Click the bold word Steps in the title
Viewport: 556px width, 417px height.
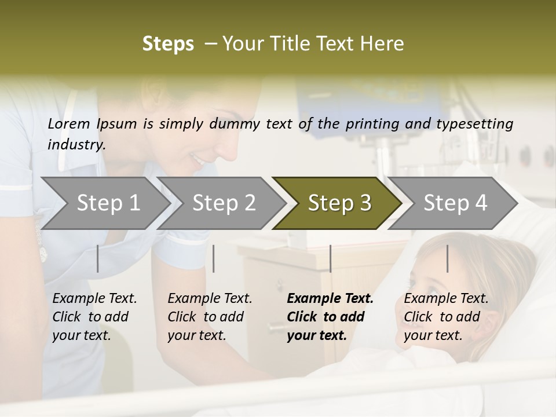tap(168, 44)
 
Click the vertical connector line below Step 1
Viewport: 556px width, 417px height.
tap(97, 258)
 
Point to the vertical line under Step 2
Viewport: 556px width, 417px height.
tap(214, 258)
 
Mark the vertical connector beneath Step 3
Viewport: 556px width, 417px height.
tap(330, 258)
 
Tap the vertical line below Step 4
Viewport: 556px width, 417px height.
tap(447, 258)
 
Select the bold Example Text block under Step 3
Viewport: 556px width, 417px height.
tap(330, 317)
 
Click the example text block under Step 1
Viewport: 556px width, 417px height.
tap(94, 317)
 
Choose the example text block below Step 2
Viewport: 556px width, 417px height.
tap(210, 317)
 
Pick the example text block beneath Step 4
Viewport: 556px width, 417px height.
tap(446, 317)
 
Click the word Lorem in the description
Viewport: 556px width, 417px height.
tap(69, 123)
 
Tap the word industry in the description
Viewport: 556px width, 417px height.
tap(76, 145)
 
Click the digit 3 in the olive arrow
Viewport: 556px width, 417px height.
tap(365, 203)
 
